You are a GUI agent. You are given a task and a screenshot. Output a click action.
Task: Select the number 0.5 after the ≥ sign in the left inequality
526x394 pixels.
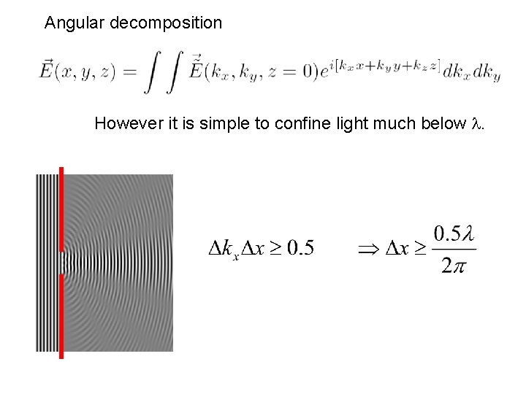300,249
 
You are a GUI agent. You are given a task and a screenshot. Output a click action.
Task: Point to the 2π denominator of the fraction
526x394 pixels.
453,266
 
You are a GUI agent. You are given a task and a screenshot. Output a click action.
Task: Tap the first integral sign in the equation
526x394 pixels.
151,74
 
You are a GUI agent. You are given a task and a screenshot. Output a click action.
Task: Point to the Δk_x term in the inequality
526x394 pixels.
221,250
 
